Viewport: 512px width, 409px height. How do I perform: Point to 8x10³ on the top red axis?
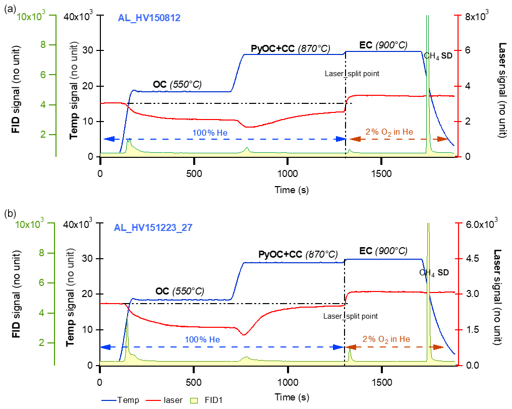(475, 16)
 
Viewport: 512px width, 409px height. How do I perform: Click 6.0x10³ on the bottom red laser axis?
(480, 224)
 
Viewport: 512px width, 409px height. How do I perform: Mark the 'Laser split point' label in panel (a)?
(352, 74)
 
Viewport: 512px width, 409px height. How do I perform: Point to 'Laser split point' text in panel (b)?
(350, 316)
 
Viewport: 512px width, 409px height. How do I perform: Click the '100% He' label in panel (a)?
(206, 133)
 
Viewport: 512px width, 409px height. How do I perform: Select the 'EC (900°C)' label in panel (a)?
(383, 45)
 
